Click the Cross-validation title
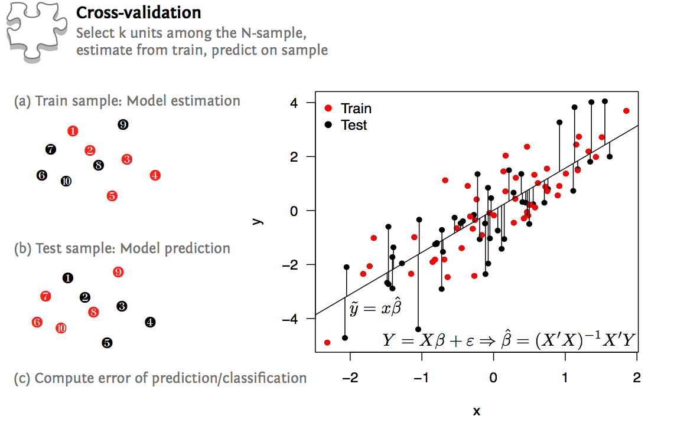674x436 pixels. pyautogui.click(x=138, y=12)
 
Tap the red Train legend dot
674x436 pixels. pyautogui.click(x=328, y=109)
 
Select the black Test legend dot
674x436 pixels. pyautogui.click(x=328, y=125)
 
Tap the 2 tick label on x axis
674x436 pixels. pyautogui.click(x=637, y=377)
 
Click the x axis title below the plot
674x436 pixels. pyautogui.click(x=476, y=411)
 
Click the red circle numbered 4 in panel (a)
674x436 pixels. pyautogui.click(x=155, y=175)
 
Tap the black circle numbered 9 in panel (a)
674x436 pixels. pyautogui.click(x=123, y=124)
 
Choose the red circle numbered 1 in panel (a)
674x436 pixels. pyautogui.click(x=73, y=131)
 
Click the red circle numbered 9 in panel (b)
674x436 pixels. pyautogui.click(x=118, y=272)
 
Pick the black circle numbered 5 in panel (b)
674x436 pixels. pyautogui.click(x=107, y=342)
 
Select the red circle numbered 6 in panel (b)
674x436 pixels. pyautogui.click(x=37, y=322)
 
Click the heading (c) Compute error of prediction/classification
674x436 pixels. pyautogui.click(x=160, y=378)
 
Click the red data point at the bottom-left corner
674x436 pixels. pyautogui.click(x=327, y=342)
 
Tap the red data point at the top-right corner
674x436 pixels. pyautogui.click(x=626, y=111)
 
